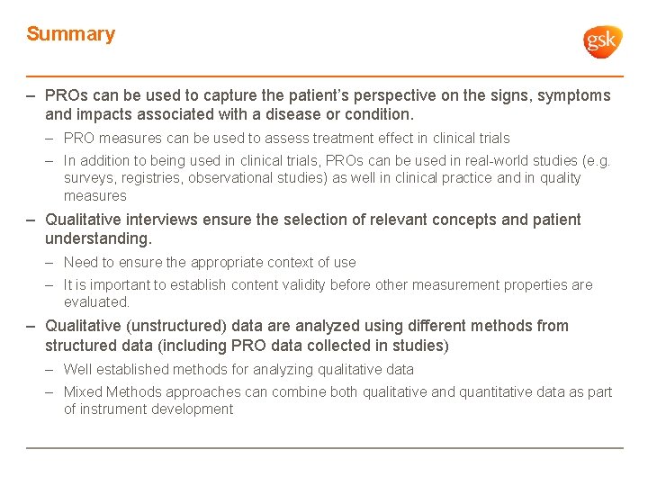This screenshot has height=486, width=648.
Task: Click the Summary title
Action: (x=71, y=34)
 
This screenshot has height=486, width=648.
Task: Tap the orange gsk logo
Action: (x=602, y=41)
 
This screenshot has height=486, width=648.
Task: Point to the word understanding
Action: (x=98, y=238)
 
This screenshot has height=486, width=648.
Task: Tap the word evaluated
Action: (x=96, y=302)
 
